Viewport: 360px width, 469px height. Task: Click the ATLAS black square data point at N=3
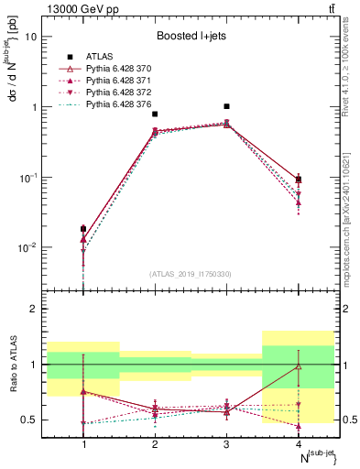pos(226,106)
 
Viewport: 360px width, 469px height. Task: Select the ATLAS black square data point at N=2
pos(155,115)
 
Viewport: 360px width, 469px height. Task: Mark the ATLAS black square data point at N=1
pos(83,229)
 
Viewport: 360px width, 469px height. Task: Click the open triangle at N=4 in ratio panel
pos(298,366)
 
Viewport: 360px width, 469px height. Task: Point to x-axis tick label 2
pos(155,445)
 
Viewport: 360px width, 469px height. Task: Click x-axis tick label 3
pos(226,445)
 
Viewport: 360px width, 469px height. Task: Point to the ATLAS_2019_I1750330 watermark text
pos(190,274)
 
